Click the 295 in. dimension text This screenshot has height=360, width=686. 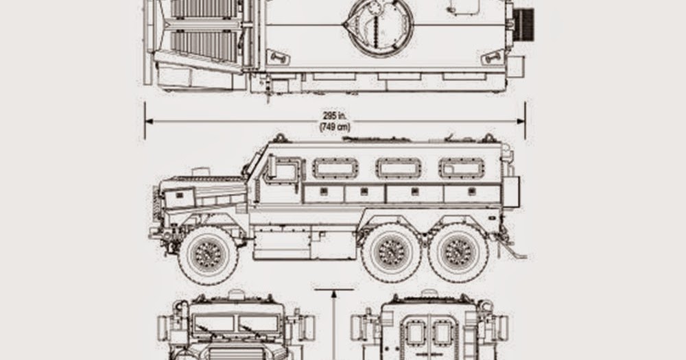pos(335,116)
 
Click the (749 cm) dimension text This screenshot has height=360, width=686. pos(335,128)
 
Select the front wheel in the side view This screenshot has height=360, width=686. pos(209,256)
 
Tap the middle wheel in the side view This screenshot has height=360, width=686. pos(391,253)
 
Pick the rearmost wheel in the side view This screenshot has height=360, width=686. pos(458,253)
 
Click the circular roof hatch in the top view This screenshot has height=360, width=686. pos(380,27)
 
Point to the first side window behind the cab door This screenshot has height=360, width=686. pos(335,168)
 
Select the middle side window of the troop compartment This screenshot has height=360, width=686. pos(399,168)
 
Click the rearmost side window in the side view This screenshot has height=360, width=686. pos(462,168)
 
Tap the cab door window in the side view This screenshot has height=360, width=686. pos(285,171)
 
